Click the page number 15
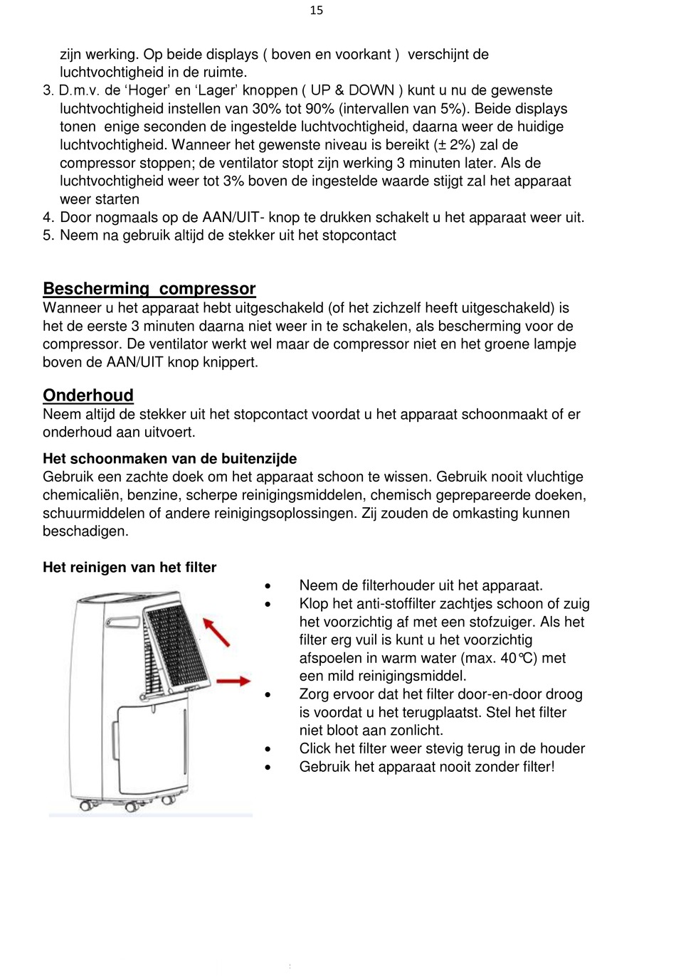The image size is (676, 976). tap(317, 10)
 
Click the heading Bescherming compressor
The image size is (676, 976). tap(149, 289)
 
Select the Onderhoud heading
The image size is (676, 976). tap(88, 396)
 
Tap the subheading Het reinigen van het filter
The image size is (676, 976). tap(130, 568)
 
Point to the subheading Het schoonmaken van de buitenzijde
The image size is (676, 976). tap(169, 459)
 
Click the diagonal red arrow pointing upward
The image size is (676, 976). tap(217, 632)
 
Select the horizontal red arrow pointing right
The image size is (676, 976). tap(233, 681)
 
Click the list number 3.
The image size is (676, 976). tap(48, 91)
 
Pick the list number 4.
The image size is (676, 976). tap(48, 218)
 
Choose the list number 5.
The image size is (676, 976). tap(48, 235)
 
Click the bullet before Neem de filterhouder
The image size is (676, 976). tap(268, 586)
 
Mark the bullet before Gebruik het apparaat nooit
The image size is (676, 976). tap(268, 768)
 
